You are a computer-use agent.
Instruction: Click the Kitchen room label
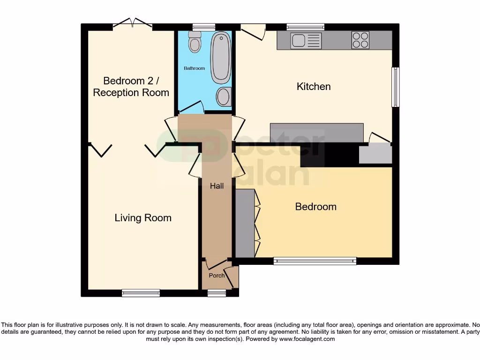click(314, 86)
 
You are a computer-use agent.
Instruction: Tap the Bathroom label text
click(194, 68)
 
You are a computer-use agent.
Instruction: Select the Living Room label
click(143, 217)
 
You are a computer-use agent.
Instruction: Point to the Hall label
click(217, 186)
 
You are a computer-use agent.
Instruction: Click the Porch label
click(217, 275)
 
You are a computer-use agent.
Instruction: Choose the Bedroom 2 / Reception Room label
click(131, 86)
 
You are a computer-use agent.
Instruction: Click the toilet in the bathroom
click(194, 43)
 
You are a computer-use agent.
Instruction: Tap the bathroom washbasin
click(223, 97)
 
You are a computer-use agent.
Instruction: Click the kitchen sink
click(306, 40)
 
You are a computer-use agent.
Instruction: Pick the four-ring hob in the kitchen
click(360, 40)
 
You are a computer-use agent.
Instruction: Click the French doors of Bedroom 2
click(134, 23)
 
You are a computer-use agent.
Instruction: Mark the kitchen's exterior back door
click(254, 31)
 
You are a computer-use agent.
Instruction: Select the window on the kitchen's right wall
click(396, 87)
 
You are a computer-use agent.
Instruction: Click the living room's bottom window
click(141, 293)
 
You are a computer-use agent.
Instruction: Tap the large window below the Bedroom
click(315, 261)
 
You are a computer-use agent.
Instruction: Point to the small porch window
click(217, 293)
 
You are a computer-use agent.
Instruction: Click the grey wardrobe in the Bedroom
click(244, 223)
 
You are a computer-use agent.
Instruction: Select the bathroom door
click(191, 108)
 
